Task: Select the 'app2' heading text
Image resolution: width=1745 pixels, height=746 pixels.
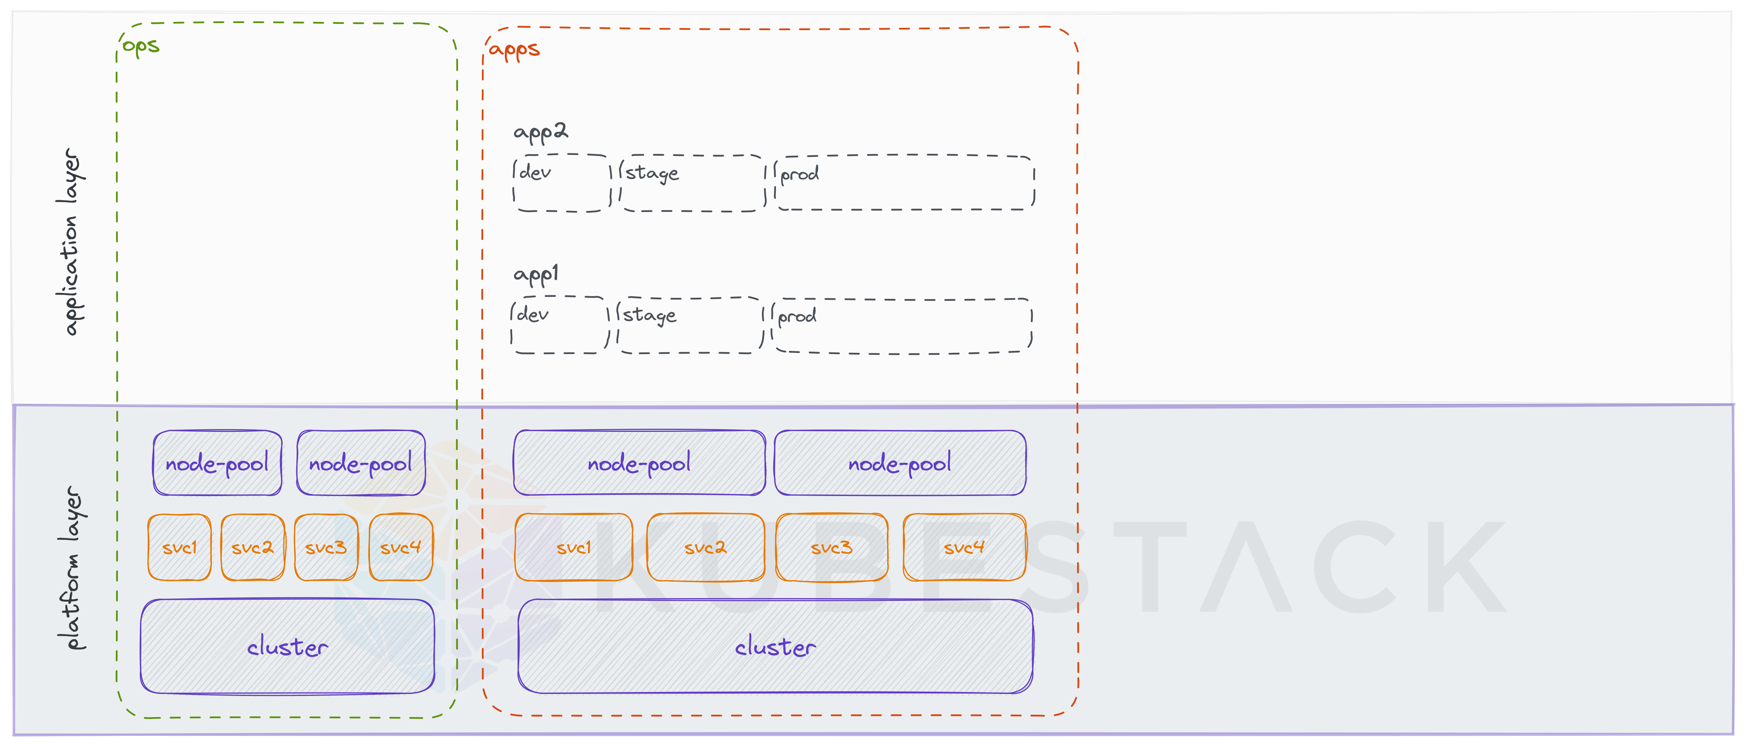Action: tap(540, 131)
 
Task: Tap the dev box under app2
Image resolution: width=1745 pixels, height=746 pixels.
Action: tap(561, 183)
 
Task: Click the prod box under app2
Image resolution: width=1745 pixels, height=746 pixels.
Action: tap(904, 183)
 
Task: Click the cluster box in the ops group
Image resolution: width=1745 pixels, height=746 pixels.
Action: tap(287, 647)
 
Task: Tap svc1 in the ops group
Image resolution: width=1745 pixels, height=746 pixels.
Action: tap(180, 547)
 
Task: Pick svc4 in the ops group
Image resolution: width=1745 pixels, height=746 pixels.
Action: tap(401, 547)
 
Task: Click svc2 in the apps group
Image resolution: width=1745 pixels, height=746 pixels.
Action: tap(705, 547)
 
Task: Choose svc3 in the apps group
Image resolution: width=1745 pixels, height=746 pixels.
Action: tap(831, 547)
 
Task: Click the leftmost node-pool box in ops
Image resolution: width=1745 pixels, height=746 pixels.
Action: tap(217, 463)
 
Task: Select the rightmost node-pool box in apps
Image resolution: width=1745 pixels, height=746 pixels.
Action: tap(900, 463)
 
